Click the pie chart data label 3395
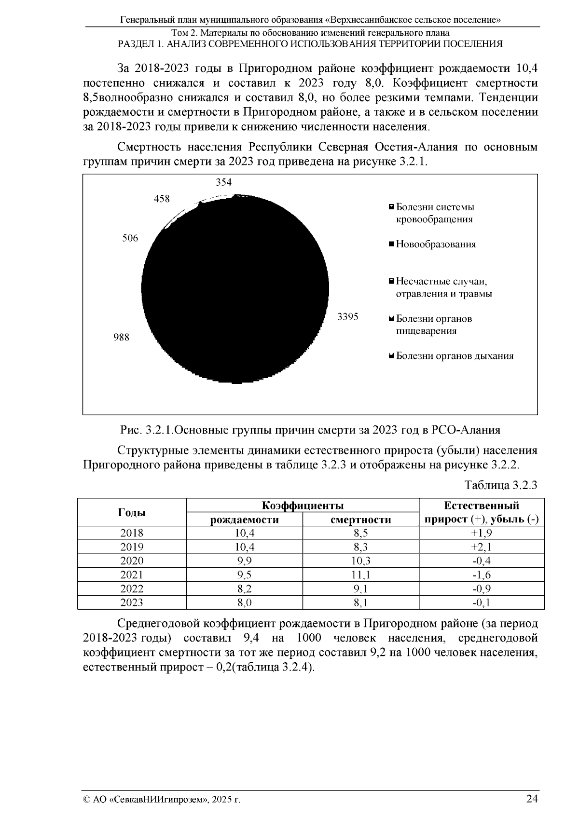pos(347,317)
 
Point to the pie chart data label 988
pos(121,337)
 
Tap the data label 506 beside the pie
pos(130,238)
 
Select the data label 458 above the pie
pos(162,199)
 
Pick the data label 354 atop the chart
pos(223,182)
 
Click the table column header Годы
pos(132,512)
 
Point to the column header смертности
pos(360,519)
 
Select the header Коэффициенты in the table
pos(303,505)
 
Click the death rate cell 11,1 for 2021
pos(360,575)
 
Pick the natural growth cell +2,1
pos(481,547)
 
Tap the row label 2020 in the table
pos(132,561)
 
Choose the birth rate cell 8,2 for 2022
pos(244,589)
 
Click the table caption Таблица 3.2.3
pos(501,485)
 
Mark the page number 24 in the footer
pos(532,799)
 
